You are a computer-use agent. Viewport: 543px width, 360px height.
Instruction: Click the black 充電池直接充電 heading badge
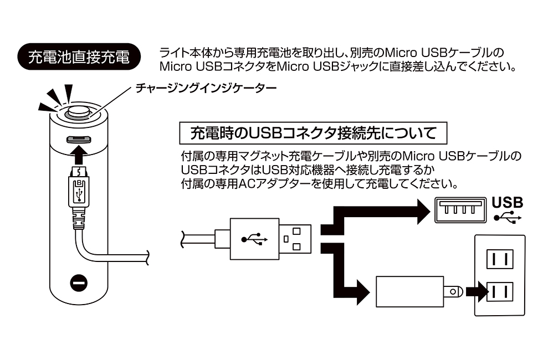click(x=78, y=57)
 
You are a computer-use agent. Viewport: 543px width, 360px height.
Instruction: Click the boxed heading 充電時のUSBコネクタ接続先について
click(x=313, y=133)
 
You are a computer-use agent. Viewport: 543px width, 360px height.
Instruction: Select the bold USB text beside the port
click(x=507, y=202)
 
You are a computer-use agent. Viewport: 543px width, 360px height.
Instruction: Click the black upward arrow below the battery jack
click(x=79, y=152)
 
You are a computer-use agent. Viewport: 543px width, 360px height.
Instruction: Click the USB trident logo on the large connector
click(x=254, y=240)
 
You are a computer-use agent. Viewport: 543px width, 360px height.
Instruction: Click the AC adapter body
click(x=409, y=291)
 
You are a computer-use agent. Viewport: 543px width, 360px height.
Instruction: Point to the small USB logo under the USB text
click(x=508, y=217)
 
